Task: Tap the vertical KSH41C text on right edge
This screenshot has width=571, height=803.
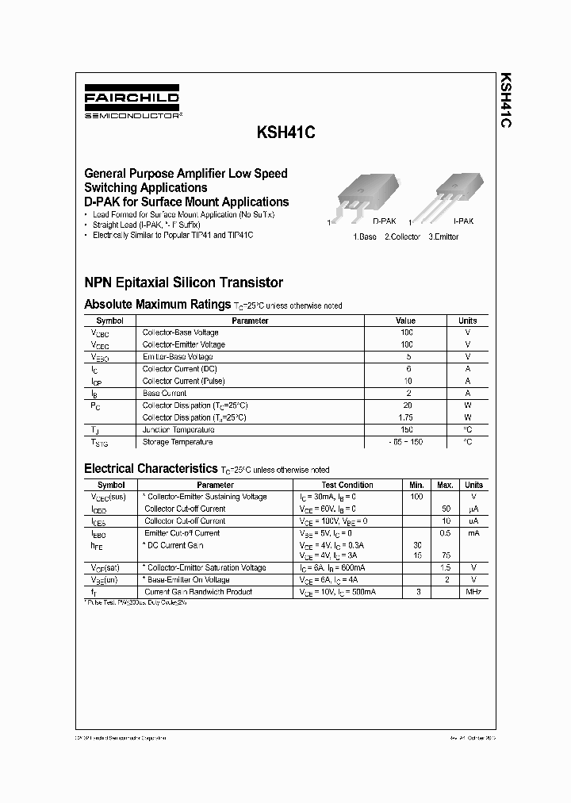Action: coord(505,102)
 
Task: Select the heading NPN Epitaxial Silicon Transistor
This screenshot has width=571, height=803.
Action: coord(183,282)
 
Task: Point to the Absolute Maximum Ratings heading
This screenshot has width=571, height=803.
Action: coord(157,305)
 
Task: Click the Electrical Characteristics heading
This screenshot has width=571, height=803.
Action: coord(150,469)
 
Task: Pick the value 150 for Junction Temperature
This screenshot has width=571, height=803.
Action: coord(406,429)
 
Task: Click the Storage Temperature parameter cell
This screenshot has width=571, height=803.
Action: coord(177,442)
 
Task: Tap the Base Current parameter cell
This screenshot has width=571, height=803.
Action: coord(164,394)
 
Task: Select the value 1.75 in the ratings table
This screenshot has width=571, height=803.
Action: coord(406,417)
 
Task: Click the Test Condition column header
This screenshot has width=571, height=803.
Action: coord(347,485)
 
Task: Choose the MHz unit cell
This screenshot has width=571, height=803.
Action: coord(473,592)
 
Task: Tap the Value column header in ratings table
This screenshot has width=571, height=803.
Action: coord(405,321)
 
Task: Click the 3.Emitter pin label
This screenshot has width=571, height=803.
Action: coord(443,237)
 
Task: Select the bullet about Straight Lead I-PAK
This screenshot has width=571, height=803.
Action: coord(148,225)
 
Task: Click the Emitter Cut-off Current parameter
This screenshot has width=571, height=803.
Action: coord(182,533)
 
